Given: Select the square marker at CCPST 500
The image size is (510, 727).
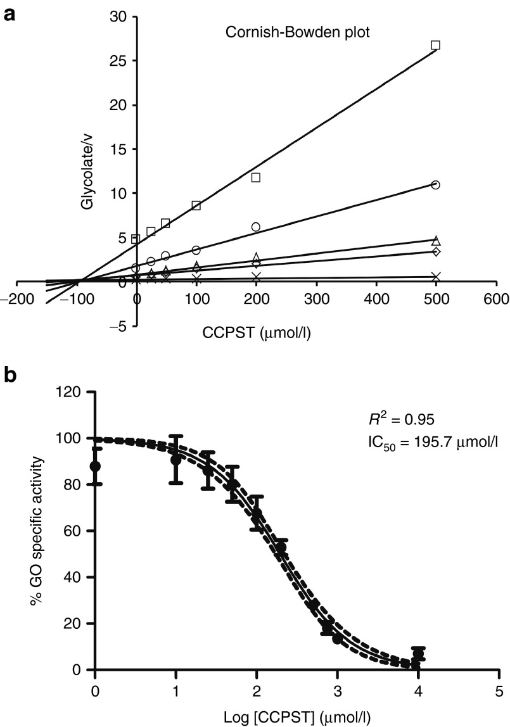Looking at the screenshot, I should coord(435,45).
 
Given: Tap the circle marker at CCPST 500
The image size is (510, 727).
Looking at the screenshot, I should coord(435,185).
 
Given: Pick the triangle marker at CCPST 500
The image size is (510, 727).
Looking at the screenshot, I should coord(435,240).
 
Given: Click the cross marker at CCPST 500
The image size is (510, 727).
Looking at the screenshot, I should coord(435,277).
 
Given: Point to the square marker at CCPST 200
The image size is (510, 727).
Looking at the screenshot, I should coord(256,177).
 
